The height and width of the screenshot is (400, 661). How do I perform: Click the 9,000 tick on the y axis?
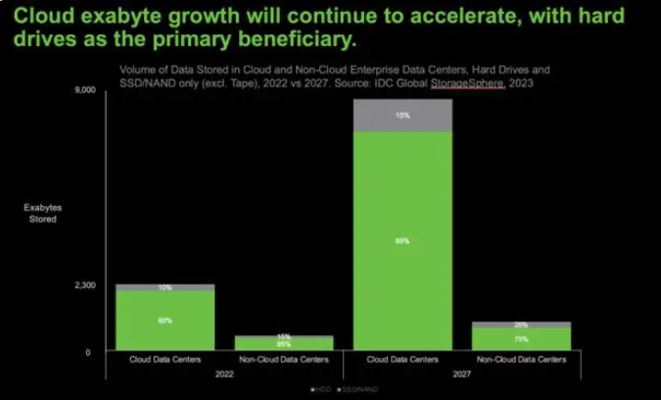click(x=85, y=91)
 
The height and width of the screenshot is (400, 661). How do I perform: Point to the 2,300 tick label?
click(x=85, y=285)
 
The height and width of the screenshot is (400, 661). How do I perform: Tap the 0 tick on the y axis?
click(x=88, y=351)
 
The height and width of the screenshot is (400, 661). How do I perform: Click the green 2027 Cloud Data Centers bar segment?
click(x=402, y=240)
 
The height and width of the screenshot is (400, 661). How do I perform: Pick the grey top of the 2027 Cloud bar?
click(x=402, y=115)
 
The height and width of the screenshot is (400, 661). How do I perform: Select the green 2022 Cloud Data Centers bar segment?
click(x=165, y=321)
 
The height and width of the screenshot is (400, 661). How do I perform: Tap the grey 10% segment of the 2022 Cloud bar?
click(x=165, y=287)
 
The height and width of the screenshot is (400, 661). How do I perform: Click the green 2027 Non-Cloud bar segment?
click(x=521, y=339)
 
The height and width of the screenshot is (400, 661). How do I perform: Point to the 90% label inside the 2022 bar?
click(x=165, y=321)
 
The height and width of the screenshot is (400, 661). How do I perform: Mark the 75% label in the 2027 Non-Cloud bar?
click(x=521, y=339)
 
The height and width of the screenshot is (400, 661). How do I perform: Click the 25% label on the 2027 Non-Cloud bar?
click(x=521, y=325)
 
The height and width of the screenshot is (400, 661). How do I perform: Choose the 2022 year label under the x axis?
click(x=224, y=374)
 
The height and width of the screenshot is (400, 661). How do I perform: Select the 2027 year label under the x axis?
click(x=461, y=374)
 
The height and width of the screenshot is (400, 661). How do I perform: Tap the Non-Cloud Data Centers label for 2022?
click(x=283, y=360)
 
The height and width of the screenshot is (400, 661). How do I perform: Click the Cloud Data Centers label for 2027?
click(x=402, y=360)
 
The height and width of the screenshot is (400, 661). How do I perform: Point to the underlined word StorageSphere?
click(x=466, y=83)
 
